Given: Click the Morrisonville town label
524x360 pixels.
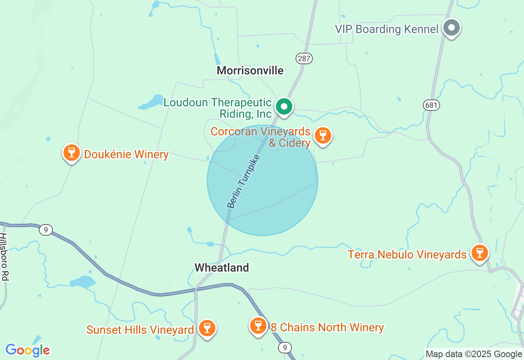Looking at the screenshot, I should pos(250,70).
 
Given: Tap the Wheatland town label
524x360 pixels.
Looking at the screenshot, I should pos(221,268).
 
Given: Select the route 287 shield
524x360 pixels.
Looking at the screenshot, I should pos(304,59).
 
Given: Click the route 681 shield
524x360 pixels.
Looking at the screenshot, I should pos(431,105).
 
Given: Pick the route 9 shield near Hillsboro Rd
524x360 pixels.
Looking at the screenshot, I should pos(46,230).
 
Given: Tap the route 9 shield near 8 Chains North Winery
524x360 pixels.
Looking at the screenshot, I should pos(285,348).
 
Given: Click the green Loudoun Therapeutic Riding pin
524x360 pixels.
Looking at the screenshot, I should pos(284,107).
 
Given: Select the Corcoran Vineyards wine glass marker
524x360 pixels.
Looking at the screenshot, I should pos(323,135).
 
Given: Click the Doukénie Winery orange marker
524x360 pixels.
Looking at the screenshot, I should pos(72,153).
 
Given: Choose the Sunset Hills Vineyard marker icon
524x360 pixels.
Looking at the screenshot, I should pos(207,328).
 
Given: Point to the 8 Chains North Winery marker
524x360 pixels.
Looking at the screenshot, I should pos(258,326).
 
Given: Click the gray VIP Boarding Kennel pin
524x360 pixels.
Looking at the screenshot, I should pos(452,28).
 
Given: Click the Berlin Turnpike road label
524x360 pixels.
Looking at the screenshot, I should pos(243,181).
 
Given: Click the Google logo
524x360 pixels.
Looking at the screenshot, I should pos(27,350).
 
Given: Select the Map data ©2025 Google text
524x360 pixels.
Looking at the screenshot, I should pos(474,354).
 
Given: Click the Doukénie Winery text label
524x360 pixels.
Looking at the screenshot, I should pos(126,154).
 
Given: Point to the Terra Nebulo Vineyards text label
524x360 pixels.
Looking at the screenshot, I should pos(407,254).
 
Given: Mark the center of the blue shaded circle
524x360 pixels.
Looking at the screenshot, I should pos(262,180).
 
